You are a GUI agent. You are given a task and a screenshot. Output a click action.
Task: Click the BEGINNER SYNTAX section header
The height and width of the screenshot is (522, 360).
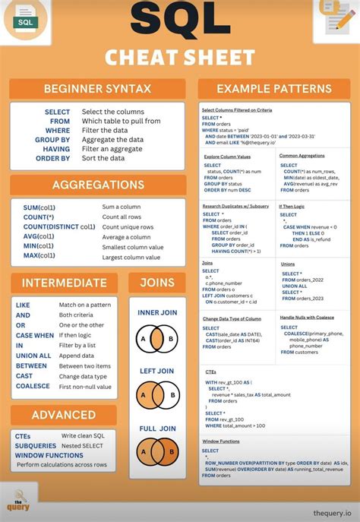point(97,88)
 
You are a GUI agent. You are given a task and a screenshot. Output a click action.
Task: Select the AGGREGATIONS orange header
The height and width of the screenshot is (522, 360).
point(98,185)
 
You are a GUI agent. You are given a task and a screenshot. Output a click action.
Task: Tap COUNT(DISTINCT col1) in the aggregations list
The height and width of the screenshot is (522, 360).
point(59,226)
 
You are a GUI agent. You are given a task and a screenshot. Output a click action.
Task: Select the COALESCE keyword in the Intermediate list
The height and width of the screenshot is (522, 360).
point(33,386)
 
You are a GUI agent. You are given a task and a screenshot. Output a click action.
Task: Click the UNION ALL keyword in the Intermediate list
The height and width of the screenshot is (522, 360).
point(34,355)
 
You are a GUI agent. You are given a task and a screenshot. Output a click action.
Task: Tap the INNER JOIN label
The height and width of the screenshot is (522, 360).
point(158,312)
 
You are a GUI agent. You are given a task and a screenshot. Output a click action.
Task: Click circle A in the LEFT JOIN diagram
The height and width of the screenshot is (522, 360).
point(142,395)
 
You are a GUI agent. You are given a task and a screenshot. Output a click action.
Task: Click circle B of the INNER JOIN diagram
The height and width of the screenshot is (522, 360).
point(171,338)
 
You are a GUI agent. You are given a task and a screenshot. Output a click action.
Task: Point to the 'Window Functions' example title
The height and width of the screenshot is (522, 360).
point(221,441)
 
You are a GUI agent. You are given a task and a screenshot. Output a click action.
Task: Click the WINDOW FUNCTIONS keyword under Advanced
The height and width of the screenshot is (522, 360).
point(49,455)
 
